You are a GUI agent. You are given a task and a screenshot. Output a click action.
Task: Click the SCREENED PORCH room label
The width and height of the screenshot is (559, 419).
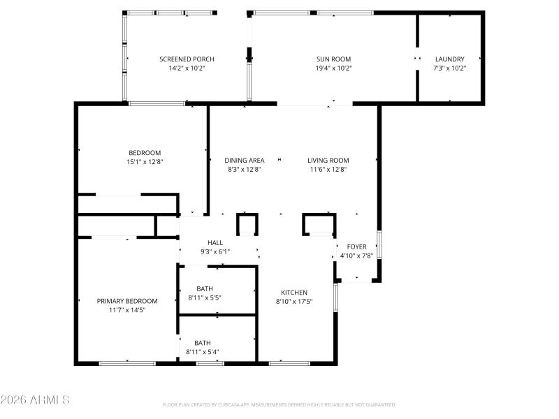pyautogui.click(x=187, y=59)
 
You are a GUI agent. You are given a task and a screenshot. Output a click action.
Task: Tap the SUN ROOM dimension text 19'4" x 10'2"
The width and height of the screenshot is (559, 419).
pyautogui.click(x=333, y=68)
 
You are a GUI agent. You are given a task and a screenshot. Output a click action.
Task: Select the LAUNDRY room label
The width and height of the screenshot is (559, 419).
pyautogui.click(x=449, y=59)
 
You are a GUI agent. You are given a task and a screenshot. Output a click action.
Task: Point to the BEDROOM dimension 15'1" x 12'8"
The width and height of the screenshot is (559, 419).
pyautogui.click(x=145, y=161)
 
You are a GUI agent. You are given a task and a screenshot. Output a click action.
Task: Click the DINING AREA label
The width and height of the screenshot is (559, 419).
pyautogui.click(x=245, y=160)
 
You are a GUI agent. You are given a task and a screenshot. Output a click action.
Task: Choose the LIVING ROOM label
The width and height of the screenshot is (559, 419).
pyautogui.click(x=328, y=160)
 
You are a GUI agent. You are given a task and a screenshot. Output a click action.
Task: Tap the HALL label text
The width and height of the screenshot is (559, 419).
pyautogui.click(x=215, y=242)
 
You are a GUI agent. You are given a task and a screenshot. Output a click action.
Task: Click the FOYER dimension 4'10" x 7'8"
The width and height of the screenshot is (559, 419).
pyautogui.click(x=356, y=256)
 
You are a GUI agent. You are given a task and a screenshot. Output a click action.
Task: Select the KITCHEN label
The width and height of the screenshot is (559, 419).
pyautogui.click(x=294, y=292)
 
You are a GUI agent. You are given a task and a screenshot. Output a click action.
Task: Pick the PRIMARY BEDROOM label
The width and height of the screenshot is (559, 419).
pyautogui.click(x=127, y=301)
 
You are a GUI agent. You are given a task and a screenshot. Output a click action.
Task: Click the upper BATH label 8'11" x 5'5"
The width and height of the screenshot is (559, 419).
pyautogui.click(x=205, y=288)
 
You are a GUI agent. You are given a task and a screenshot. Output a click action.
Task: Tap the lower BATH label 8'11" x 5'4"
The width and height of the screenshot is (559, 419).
pyautogui.click(x=203, y=343)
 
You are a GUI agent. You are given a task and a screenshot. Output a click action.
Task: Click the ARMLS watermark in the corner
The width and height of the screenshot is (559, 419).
pyautogui.click(x=35, y=400)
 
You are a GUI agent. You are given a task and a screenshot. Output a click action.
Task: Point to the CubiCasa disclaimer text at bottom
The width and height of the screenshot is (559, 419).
pyautogui.click(x=279, y=404)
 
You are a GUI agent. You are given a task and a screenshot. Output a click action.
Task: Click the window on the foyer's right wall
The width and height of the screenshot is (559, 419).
pyautogui.click(x=379, y=245)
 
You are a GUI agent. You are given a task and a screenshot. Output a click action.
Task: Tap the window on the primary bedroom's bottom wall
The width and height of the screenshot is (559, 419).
pyautogui.click(x=127, y=363)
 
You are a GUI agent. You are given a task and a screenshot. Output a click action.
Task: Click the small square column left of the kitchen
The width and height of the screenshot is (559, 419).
pyautogui.click(x=247, y=224)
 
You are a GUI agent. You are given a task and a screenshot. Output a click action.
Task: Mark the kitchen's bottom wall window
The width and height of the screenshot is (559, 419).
pyautogui.click(x=289, y=363)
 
